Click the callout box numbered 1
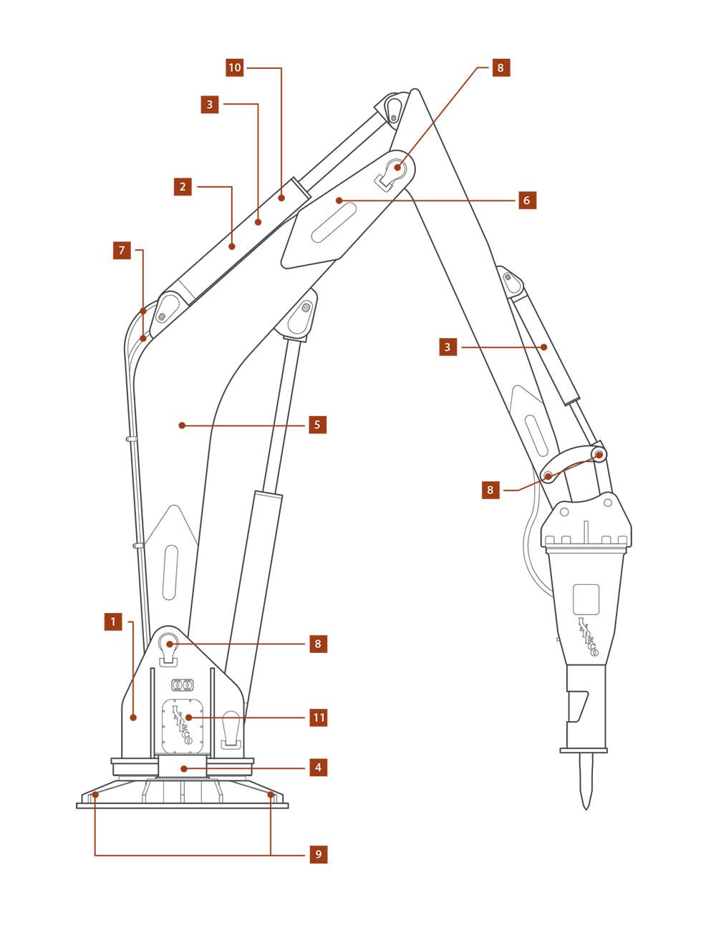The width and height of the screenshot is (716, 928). (x=112, y=622)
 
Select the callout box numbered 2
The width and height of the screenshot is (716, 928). (x=183, y=187)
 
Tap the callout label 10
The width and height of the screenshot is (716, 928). (x=235, y=68)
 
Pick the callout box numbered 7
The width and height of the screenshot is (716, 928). (x=122, y=250)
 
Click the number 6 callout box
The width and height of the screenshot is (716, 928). (x=526, y=200)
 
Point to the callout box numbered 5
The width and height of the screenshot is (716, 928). (x=317, y=425)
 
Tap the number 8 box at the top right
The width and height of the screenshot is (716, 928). (x=500, y=68)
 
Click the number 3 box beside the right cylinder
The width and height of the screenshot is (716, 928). (x=447, y=347)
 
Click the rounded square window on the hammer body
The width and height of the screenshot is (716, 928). (x=586, y=597)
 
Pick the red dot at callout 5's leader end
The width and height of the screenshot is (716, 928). (x=182, y=425)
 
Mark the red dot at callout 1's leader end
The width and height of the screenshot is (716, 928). (x=133, y=716)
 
